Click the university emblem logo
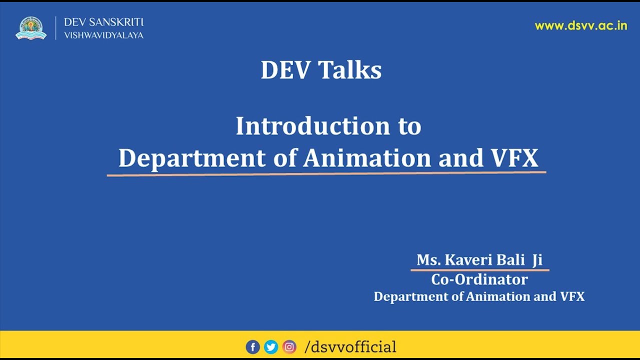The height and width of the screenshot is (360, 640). point(31,28)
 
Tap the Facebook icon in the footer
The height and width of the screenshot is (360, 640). point(252,346)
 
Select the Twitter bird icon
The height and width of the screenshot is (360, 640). point(271,346)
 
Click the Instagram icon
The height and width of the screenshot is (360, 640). point(289,346)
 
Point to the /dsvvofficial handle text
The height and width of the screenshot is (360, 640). point(350,346)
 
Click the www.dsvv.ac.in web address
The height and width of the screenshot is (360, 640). point(580,26)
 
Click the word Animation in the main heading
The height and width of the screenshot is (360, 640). point(366,158)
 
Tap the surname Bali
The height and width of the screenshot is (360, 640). point(510,260)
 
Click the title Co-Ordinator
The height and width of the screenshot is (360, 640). point(479,279)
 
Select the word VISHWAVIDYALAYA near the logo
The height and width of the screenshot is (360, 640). point(103,35)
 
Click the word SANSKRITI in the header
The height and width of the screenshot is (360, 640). point(116,22)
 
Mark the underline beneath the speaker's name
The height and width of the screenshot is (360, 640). point(479,270)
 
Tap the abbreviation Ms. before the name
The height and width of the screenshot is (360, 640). point(428,260)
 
